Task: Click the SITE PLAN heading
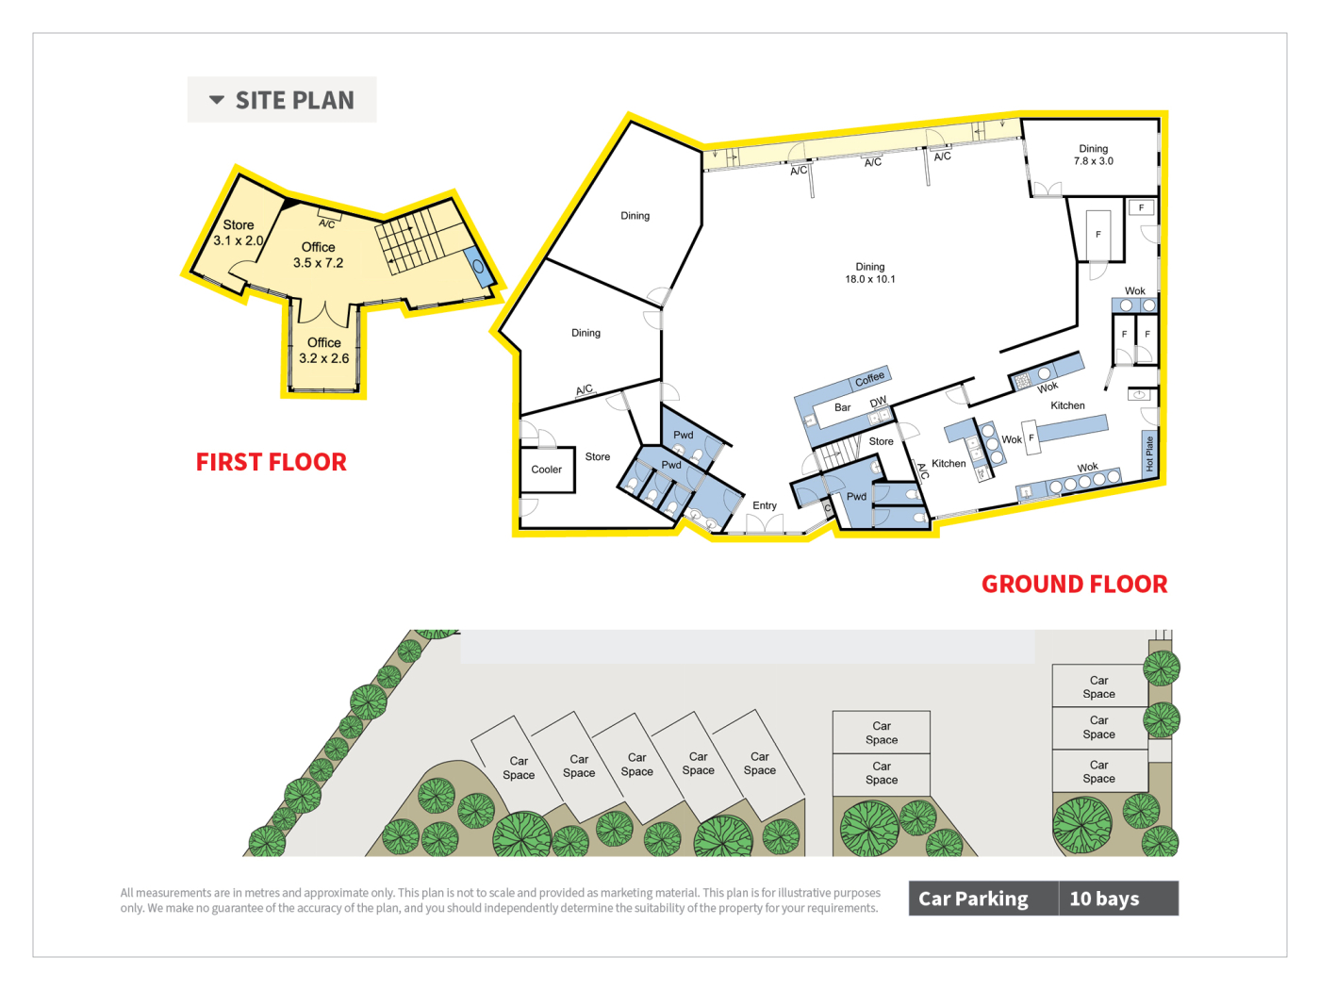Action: [295, 100]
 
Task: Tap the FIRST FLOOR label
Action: [272, 462]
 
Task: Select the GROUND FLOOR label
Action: [1074, 584]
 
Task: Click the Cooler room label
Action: [546, 470]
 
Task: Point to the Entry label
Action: [765, 505]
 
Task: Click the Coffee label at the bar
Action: [869, 378]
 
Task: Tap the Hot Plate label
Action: [1149, 454]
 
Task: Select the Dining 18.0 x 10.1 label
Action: [869, 272]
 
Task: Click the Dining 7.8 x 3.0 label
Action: [1094, 155]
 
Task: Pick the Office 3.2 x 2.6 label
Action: [324, 351]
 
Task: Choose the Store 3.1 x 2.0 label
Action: [239, 233]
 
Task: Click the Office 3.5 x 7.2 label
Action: [318, 255]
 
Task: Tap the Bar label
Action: [843, 407]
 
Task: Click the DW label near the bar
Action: [878, 402]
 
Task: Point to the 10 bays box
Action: [1118, 898]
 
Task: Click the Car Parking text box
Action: [983, 898]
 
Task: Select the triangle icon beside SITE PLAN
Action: [217, 100]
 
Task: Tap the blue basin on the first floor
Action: [479, 266]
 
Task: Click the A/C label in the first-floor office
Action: [326, 223]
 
